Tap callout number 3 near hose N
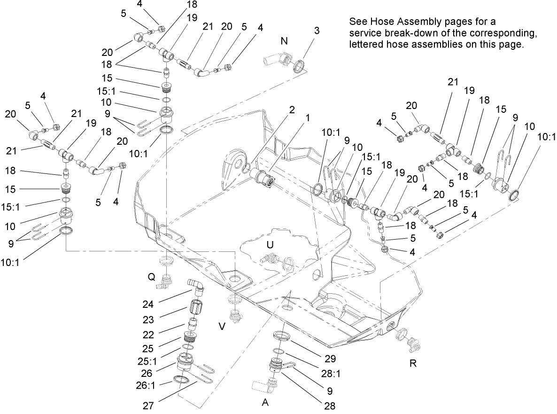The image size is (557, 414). point(317,31)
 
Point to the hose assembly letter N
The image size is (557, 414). point(284,41)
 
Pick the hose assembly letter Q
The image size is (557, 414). point(151,277)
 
